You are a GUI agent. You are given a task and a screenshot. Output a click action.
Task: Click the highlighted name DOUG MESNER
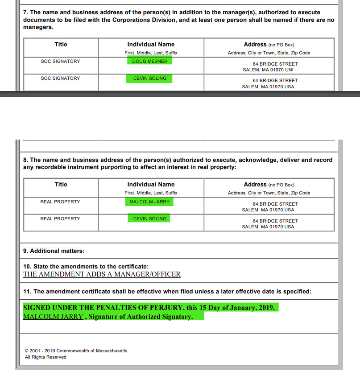tap(149, 61)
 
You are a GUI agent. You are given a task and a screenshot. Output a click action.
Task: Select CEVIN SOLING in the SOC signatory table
tap(149, 78)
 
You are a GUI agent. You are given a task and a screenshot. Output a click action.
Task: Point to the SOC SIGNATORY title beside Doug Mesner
tap(60, 61)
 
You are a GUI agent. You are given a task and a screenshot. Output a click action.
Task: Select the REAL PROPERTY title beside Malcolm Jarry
tap(60, 202)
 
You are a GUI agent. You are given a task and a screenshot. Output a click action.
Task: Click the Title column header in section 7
tap(61, 45)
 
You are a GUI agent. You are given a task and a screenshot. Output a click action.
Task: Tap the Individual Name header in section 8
tap(151, 185)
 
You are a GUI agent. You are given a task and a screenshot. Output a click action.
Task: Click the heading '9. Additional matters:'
tap(54, 251)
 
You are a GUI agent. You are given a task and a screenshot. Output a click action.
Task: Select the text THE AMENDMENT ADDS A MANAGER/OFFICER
tap(102, 274)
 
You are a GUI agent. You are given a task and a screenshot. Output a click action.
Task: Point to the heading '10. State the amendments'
tap(86, 266)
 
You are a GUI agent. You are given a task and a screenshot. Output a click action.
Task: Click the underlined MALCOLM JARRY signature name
tap(53, 317)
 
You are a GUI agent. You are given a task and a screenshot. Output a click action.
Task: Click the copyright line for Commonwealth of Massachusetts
tap(76, 351)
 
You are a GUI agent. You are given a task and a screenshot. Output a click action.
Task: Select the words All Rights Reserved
tap(46, 357)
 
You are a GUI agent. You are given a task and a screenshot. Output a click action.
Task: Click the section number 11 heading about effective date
tap(167, 291)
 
